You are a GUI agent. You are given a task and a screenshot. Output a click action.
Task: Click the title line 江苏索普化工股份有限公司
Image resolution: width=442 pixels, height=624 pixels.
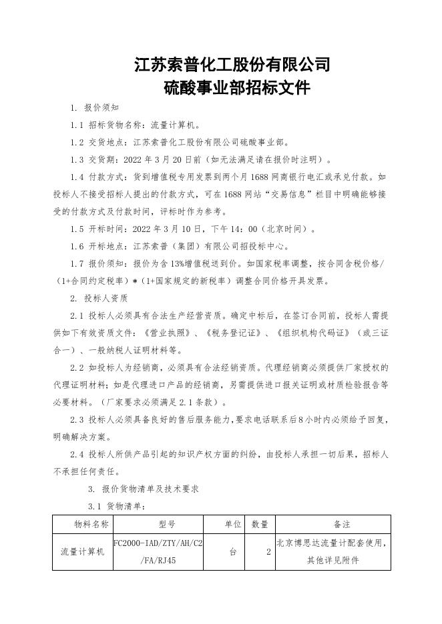pos(232,65)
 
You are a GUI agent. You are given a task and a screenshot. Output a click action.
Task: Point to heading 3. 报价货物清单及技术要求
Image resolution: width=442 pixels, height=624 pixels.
pos(144,489)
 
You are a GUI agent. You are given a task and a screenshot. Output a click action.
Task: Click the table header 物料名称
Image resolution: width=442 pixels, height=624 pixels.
pos(83,525)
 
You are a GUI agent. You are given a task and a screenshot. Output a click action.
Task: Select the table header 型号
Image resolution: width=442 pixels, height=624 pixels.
pos(158,525)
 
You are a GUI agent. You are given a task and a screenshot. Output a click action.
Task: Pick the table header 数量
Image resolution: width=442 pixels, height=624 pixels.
pos(260,525)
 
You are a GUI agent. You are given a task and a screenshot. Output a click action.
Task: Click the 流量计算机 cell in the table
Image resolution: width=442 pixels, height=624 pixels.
pos(83,552)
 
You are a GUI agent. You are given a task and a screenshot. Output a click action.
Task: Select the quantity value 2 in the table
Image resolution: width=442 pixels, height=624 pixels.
pos(268,552)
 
